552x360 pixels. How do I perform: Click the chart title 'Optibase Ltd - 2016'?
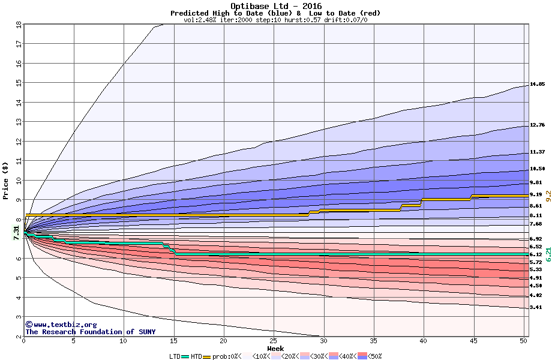pos(276,6)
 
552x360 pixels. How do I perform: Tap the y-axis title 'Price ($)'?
pos(5,179)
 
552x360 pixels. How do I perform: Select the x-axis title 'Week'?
pos(275,348)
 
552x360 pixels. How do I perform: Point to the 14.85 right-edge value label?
pos(537,84)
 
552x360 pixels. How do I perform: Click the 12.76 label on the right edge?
pos(537,125)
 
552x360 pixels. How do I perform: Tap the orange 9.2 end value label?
pos(548,195)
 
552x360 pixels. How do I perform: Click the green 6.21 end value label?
pos(548,254)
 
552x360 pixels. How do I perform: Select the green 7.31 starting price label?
pos(16,233)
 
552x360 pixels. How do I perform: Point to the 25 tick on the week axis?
pos(274,341)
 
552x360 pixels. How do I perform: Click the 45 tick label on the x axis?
pos(473,341)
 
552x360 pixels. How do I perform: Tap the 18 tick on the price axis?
pos(18,25)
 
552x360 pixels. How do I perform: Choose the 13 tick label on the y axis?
pos(18,122)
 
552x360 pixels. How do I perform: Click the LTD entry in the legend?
pos(175,356)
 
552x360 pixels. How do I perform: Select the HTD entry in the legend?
pos(196,356)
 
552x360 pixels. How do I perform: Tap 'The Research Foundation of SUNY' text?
pos(90,332)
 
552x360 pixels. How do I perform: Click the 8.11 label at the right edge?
pos(535,215)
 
